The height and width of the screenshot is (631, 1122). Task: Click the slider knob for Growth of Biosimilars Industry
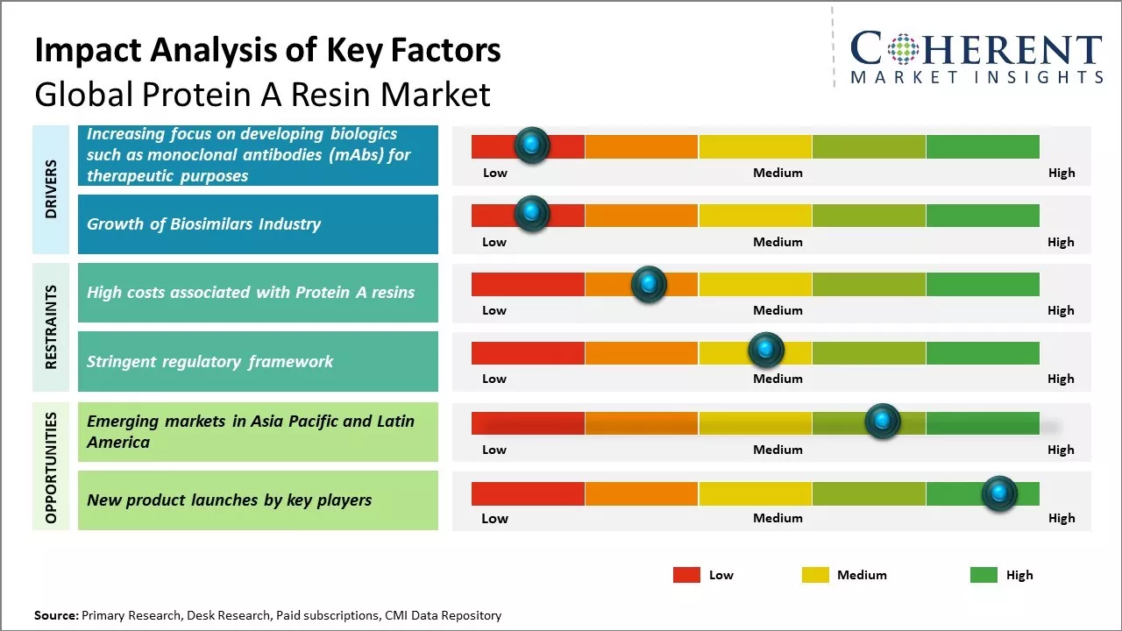(531, 213)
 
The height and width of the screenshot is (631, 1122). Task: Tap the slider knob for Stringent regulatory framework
(765, 351)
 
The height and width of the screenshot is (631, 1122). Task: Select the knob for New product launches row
(998, 493)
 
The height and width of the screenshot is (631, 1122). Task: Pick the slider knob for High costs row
(648, 284)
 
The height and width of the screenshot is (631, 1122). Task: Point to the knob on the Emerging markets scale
(882, 422)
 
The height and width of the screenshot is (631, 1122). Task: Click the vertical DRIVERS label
(51, 188)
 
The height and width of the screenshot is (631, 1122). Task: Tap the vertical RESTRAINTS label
(51, 327)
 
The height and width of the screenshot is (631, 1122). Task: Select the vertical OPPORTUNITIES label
(51, 467)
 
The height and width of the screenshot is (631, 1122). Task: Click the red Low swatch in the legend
(686, 575)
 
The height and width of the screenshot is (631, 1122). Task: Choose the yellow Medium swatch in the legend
(815, 575)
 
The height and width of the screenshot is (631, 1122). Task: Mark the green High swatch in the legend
(984, 575)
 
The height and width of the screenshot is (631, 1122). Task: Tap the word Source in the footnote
(55, 615)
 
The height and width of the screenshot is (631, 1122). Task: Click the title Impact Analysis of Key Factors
(267, 51)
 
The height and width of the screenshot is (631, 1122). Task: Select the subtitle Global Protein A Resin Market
(262, 95)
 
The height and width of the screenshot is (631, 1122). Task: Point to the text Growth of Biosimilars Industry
(203, 224)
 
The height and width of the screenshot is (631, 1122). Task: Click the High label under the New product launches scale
(1061, 518)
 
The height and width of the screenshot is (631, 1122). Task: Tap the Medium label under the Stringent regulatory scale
(778, 379)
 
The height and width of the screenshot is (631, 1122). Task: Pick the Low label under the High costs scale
(494, 310)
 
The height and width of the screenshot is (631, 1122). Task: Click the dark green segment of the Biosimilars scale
(982, 216)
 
